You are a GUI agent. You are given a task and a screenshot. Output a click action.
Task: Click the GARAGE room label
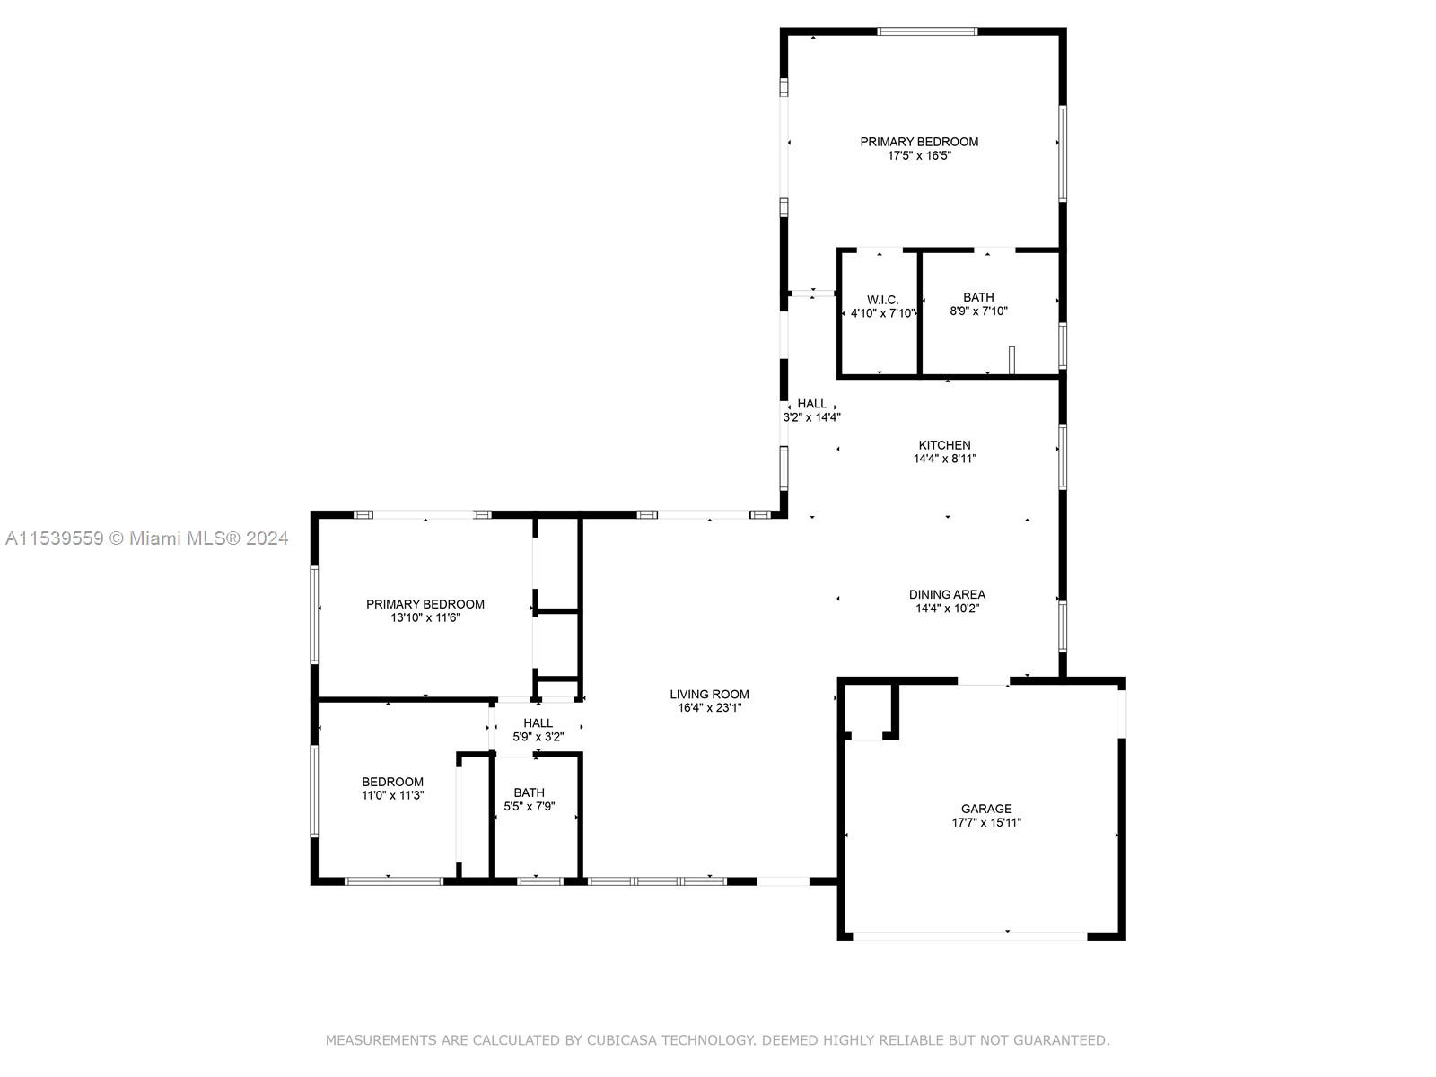(x=985, y=809)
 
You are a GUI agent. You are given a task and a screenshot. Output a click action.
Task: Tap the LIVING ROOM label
(x=709, y=694)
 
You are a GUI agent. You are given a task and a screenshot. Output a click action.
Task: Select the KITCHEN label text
(x=944, y=444)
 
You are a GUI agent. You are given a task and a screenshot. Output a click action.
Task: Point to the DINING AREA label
(x=947, y=594)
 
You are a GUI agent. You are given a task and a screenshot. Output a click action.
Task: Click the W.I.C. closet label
(x=882, y=300)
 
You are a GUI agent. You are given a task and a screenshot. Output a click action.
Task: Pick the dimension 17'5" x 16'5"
(x=919, y=155)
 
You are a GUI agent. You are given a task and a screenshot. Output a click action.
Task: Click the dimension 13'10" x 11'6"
(x=425, y=617)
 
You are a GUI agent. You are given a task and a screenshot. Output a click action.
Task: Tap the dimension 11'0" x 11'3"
(x=392, y=795)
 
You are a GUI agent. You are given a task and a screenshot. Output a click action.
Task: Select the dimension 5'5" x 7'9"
(x=530, y=806)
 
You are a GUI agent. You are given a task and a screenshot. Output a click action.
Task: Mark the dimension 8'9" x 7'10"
(x=978, y=311)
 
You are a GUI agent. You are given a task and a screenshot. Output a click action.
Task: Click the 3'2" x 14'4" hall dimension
(x=811, y=417)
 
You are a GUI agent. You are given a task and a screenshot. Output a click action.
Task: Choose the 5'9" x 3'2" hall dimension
(x=538, y=737)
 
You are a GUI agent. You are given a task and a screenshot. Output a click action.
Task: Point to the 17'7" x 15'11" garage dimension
(x=985, y=823)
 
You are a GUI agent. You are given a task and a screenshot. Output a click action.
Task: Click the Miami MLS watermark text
(x=146, y=538)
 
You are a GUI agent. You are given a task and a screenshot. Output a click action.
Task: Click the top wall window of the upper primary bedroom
(x=927, y=31)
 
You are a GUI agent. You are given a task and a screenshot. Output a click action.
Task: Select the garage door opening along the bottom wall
(x=969, y=936)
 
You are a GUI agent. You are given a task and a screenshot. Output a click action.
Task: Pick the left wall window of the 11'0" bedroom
(x=314, y=792)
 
